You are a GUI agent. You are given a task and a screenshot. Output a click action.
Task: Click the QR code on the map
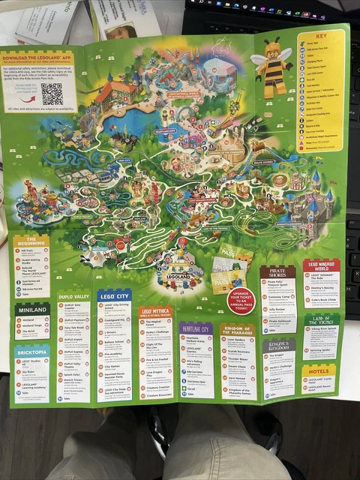click(52, 94)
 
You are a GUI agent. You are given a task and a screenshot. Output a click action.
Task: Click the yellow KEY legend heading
click(321, 36)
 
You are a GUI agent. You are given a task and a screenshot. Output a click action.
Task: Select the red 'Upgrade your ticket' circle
click(241, 299)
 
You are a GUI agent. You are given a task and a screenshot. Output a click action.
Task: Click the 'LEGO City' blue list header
click(114, 295)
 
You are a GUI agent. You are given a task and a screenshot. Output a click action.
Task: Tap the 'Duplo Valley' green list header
click(73, 296)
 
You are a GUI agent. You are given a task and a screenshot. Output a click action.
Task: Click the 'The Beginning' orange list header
click(31, 242)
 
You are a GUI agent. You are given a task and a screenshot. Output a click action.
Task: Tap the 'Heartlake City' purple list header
click(196, 328)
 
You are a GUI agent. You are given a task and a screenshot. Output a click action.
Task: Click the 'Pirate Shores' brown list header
click(277, 272)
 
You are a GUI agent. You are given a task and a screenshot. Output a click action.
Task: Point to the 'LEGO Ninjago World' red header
click(321, 265)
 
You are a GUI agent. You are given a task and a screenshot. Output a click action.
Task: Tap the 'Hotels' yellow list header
click(319, 370)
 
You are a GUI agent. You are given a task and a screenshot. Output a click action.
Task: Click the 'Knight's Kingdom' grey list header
click(278, 346)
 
